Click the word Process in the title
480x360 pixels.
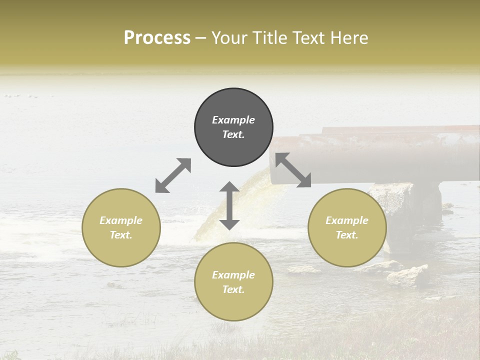157,38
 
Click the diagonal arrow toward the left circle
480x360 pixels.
173,175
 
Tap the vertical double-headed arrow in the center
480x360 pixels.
229,205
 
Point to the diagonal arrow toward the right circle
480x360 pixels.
293,170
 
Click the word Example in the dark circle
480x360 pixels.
233,120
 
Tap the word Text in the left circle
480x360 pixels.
121,235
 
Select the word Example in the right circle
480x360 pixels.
347,220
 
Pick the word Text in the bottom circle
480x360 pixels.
233,289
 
